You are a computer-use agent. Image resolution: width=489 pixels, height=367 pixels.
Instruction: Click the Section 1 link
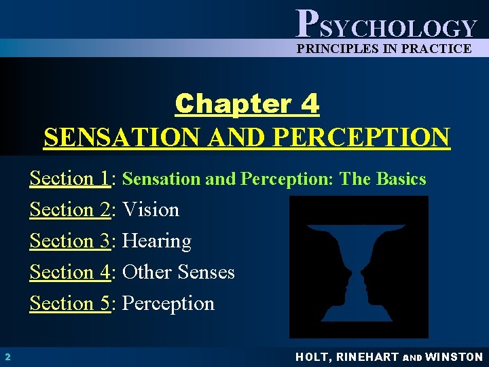[x=70, y=179]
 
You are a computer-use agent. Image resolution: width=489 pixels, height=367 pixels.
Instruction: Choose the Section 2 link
[x=70, y=210]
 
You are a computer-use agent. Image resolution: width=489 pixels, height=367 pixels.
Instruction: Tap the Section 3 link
[x=70, y=241]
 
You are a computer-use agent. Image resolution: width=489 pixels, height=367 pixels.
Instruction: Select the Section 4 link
[x=70, y=273]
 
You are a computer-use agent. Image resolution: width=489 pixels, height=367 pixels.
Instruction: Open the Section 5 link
[x=70, y=304]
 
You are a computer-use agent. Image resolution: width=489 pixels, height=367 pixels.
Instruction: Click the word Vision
[x=151, y=210]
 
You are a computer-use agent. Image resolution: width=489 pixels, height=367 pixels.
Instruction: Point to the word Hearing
[x=157, y=241]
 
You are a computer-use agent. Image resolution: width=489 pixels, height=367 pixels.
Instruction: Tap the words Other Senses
[x=179, y=273]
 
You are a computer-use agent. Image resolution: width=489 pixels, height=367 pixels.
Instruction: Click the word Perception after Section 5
[x=168, y=304]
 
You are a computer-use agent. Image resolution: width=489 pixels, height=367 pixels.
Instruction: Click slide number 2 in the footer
[x=6, y=357]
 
